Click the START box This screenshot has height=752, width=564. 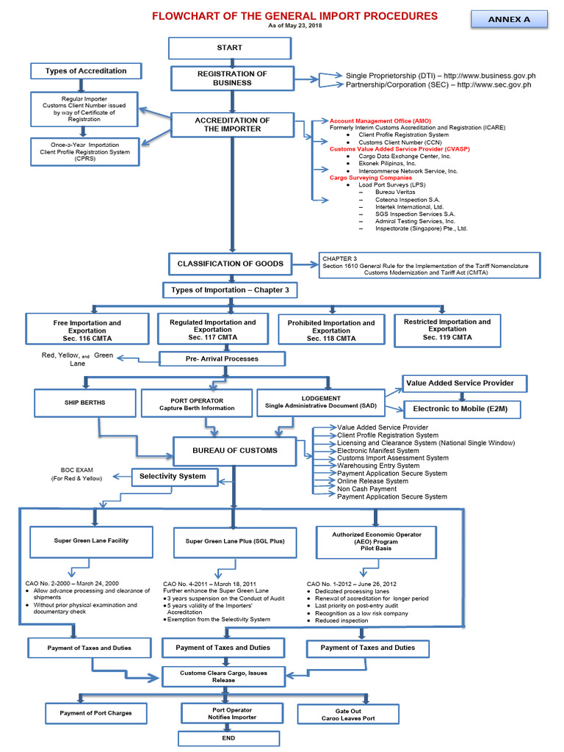[229, 48]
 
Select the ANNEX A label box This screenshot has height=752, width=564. [509, 19]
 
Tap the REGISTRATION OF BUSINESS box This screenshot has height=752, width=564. [231, 78]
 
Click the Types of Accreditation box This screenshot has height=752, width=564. [86, 71]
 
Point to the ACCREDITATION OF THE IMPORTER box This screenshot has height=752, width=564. [231, 124]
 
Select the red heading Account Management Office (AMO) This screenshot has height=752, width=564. [380, 120]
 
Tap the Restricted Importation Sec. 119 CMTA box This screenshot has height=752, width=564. [446, 330]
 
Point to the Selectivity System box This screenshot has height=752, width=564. [173, 477]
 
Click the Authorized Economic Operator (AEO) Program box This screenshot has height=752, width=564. [377, 541]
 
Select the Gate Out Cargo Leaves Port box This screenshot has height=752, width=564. [347, 713]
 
